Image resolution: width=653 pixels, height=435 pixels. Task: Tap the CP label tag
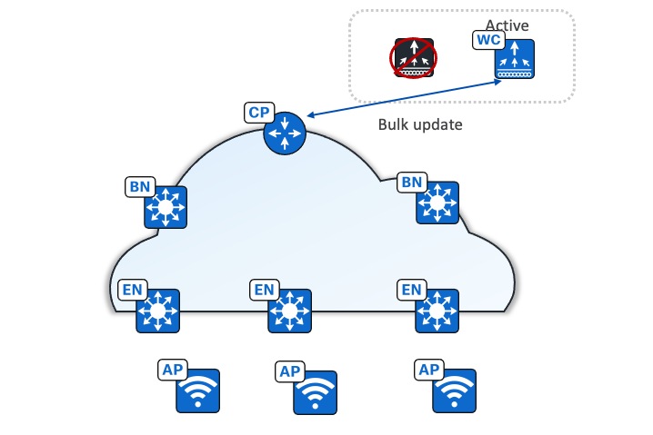tap(259, 113)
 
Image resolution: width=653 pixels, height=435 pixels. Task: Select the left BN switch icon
tap(166, 208)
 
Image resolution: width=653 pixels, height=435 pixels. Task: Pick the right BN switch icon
tap(437, 203)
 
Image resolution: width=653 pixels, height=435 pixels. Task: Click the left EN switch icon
tap(158, 311)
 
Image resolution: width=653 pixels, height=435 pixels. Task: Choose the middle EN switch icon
tap(290, 311)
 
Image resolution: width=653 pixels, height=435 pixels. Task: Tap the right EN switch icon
tap(437, 311)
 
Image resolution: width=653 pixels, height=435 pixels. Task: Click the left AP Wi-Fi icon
tap(198, 391)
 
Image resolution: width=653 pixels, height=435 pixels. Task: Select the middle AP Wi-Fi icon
tap(315, 392)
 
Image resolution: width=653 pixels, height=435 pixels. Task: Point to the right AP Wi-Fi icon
tap(453, 391)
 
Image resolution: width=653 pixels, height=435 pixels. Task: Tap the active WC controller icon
tap(514, 60)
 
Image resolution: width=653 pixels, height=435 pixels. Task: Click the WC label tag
tap(488, 41)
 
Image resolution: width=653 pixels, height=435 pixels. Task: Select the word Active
tap(507, 25)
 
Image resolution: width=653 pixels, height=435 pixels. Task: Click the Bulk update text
tap(420, 125)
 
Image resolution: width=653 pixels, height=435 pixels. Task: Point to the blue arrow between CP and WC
tap(405, 98)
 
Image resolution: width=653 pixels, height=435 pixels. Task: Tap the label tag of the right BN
tap(412, 183)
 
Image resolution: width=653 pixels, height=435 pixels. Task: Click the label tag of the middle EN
tap(264, 290)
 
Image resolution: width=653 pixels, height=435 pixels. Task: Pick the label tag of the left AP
tap(172, 370)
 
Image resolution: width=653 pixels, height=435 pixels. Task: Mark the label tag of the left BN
tap(139, 187)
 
